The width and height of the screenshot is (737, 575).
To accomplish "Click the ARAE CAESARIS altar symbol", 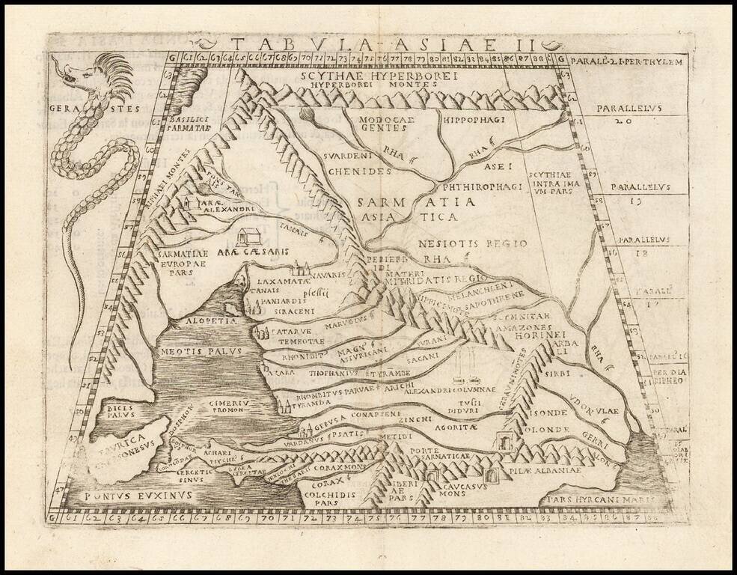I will [x=245, y=238].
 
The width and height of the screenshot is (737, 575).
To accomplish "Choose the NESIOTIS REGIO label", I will [x=462, y=243].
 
